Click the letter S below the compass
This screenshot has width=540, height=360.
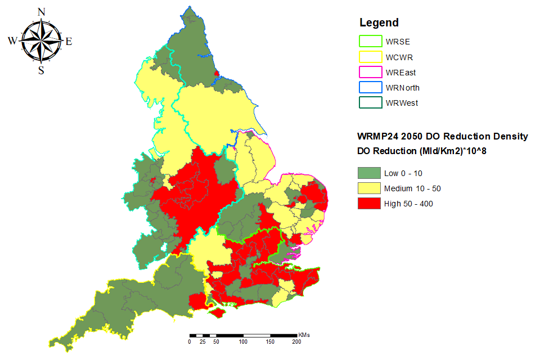(41, 70)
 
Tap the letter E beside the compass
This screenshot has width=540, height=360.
(69, 41)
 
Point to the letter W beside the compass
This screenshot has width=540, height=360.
(12, 40)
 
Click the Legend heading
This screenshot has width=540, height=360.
(379, 23)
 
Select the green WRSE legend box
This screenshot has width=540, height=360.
(369, 42)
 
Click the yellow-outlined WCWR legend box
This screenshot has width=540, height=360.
(369, 57)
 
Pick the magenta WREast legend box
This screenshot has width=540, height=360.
(369, 73)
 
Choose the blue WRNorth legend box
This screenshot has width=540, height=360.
(369, 88)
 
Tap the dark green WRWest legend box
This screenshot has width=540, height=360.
(369, 103)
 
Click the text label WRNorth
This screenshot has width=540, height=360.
(402, 88)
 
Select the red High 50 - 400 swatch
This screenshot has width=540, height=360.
(369, 204)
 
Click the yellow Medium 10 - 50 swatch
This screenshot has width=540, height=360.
(369, 188)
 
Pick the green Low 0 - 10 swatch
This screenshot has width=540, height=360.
(369, 172)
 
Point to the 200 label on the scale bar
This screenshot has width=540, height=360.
(296, 341)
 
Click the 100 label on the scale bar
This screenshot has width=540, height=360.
(243, 341)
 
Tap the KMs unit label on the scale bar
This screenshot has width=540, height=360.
(303, 335)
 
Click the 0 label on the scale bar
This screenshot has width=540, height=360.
(190, 341)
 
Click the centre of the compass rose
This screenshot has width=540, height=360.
(41, 40)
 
